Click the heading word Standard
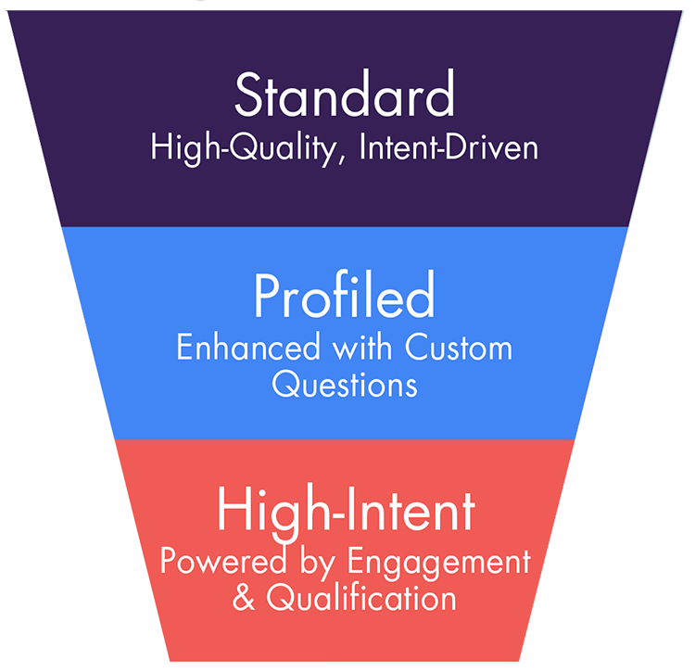point(345,95)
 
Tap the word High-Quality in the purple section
point(239,148)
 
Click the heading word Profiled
point(345,298)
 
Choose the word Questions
point(345,383)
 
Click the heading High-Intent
point(345,512)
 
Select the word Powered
point(216,562)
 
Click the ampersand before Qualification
point(243,597)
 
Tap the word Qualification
point(361,598)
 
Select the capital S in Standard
point(247,95)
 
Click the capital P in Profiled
point(267,298)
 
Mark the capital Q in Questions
point(284,383)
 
